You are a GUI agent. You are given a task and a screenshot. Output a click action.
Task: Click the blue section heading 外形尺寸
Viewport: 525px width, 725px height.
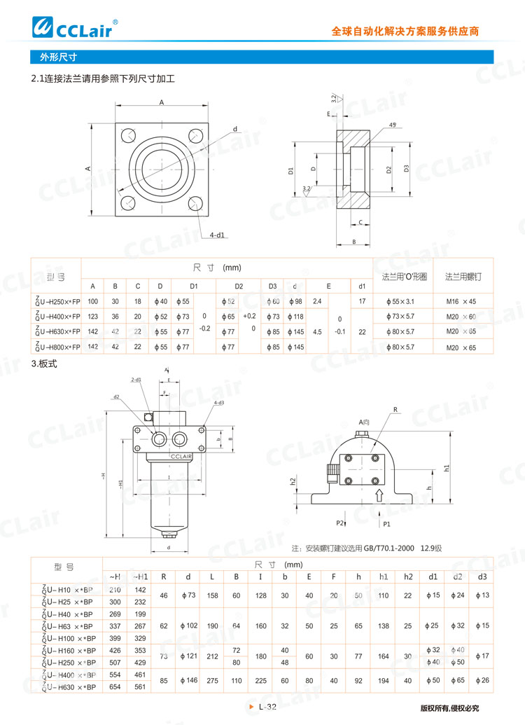click(x=58, y=57)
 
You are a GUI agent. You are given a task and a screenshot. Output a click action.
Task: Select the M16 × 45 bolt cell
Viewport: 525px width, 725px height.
click(x=461, y=301)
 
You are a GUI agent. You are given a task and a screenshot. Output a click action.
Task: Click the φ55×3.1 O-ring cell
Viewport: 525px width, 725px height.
click(x=400, y=301)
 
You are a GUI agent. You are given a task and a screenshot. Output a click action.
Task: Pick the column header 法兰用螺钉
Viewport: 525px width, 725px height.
click(x=463, y=277)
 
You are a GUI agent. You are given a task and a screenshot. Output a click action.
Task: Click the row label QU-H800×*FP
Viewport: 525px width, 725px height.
click(x=57, y=347)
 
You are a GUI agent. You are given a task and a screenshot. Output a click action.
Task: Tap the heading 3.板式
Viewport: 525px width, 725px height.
click(x=43, y=365)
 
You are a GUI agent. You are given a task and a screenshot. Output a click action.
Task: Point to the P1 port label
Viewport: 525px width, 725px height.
click(x=386, y=523)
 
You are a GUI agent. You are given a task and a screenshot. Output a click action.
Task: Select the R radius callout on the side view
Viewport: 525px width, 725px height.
click(x=395, y=409)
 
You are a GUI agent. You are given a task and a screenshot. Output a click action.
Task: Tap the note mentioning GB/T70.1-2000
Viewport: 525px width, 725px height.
click(x=367, y=548)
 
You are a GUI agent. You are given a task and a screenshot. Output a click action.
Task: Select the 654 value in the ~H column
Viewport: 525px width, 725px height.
click(x=115, y=687)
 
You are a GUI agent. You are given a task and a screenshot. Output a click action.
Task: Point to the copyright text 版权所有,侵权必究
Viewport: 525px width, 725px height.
click(x=449, y=708)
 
